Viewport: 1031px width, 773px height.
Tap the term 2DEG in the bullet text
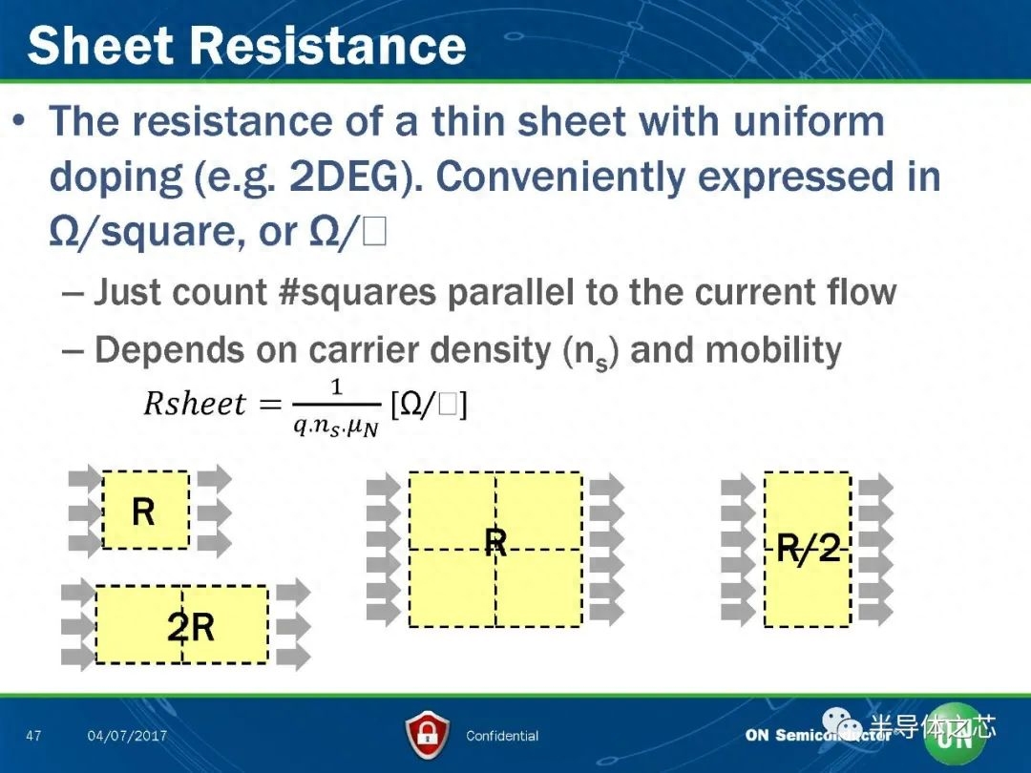(344, 177)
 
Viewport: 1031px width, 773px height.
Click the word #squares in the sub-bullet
(357, 292)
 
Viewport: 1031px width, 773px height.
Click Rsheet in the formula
(195, 403)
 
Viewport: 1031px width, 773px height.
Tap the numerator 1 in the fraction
(337, 386)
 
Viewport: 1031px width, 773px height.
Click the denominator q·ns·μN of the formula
(336, 428)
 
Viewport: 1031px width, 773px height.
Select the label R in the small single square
(143, 512)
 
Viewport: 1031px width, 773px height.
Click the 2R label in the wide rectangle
(191, 627)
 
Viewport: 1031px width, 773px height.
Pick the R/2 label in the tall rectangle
(809, 548)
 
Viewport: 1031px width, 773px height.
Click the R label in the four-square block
(495, 543)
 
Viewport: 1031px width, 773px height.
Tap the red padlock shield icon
(428, 734)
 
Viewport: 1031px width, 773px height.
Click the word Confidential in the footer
(502, 736)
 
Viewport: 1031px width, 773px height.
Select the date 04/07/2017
(127, 736)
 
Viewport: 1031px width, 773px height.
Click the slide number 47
(33, 735)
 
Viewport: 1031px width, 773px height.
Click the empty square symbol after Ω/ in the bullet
(373, 232)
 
